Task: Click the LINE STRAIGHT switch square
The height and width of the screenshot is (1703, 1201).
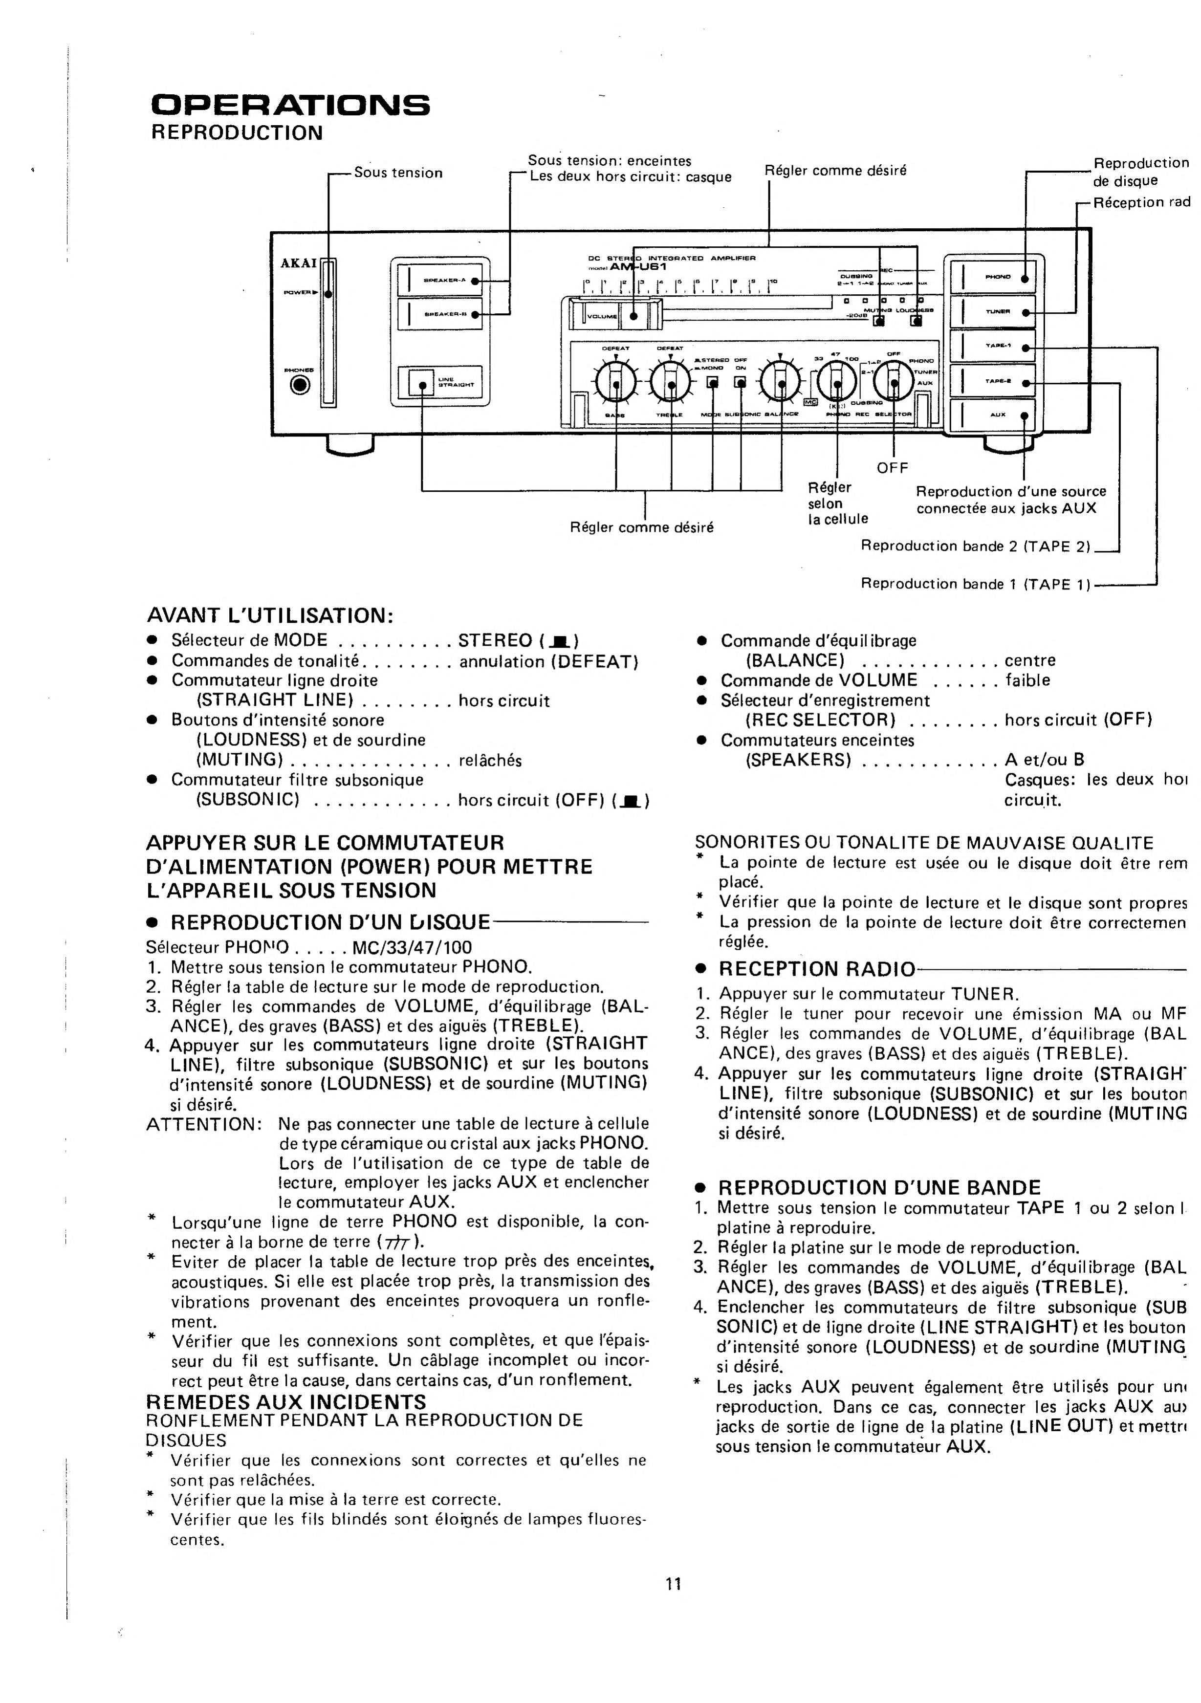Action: pos(420,384)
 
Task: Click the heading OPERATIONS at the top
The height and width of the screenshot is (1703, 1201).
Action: pos(290,105)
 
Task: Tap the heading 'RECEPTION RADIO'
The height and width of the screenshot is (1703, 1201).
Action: pos(817,969)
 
